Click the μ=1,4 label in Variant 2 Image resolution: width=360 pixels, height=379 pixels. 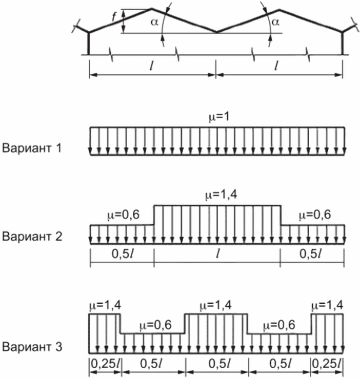[217, 195]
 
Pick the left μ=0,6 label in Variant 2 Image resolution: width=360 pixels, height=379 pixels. [122, 216]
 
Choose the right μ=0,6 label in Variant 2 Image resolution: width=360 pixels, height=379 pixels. [313, 216]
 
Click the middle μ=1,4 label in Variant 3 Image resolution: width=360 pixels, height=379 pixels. [215, 305]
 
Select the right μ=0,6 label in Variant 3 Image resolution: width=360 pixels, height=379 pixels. [279, 324]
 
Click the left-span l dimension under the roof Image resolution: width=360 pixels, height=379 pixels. [152, 66]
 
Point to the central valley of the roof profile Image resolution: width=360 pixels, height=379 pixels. [216, 32]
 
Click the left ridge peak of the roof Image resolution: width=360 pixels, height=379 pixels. [152, 9]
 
